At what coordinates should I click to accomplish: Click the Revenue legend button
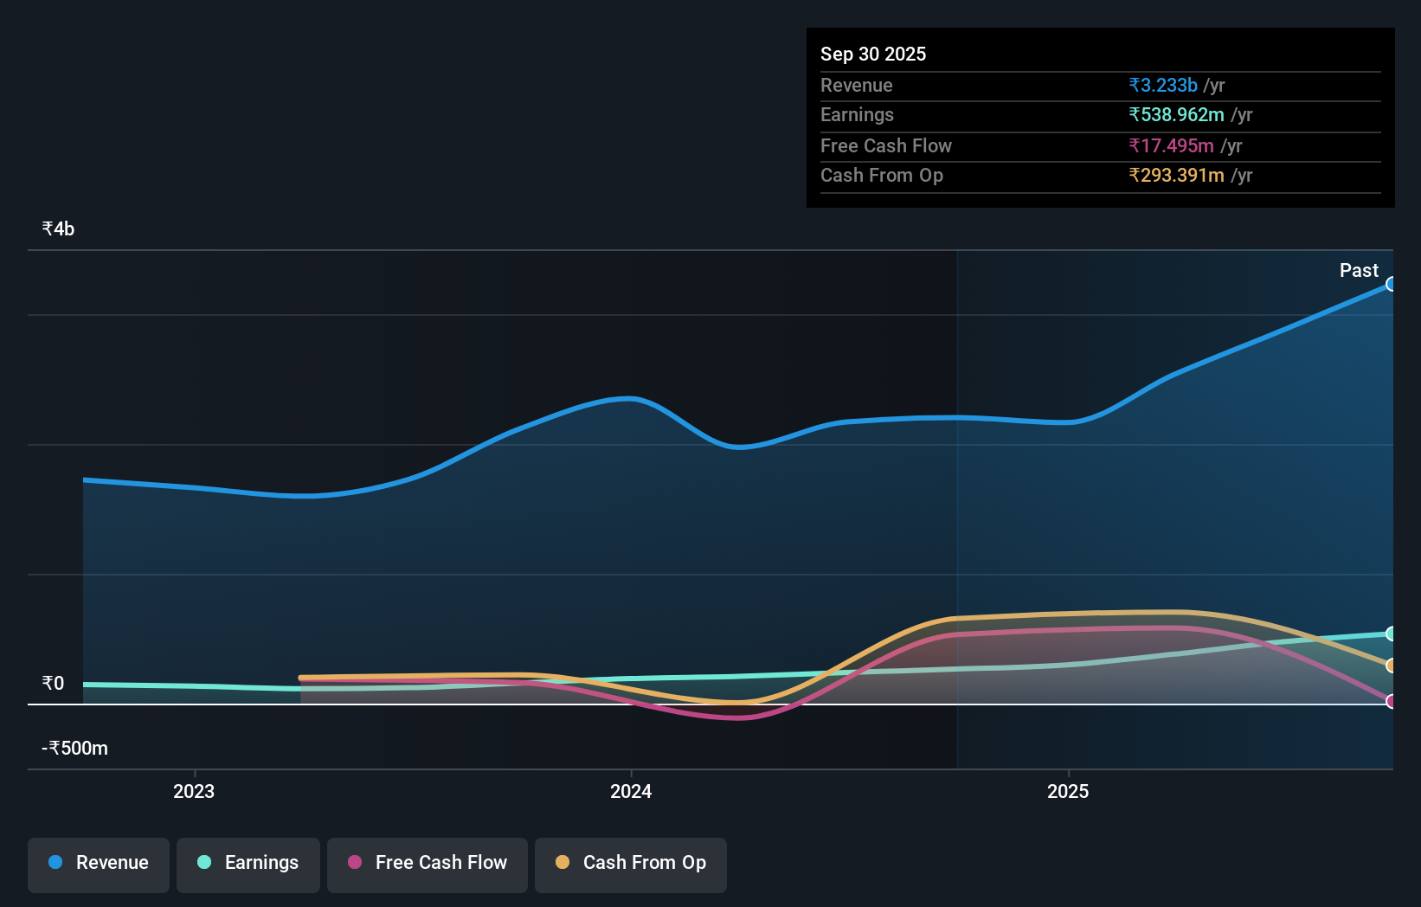click(x=99, y=863)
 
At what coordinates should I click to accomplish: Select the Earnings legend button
click(x=248, y=863)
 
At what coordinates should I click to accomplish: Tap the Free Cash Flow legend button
click(x=428, y=863)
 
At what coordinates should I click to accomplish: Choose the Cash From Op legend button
click(x=631, y=863)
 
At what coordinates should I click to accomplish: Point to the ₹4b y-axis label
click(x=58, y=229)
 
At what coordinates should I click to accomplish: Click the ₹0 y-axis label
click(x=53, y=684)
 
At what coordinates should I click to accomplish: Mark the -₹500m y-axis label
click(x=75, y=749)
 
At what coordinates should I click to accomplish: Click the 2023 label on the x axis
click(x=194, y=792)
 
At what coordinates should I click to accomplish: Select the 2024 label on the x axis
click(x=631, y=792)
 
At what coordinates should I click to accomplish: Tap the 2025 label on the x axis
click(x=1068, y=792)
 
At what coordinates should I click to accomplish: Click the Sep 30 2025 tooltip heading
click(x=872, y=55)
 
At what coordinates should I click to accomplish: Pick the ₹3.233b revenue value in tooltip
click(x=1162, y=86)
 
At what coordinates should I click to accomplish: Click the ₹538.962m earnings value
click(x=1175, y=115)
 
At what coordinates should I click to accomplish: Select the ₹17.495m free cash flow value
click(x=1170, y=146)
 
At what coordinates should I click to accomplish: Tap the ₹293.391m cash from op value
click(x=1175, y=176)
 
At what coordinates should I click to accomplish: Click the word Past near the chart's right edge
click(x=1359, y=271)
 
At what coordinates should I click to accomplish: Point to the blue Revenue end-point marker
click(x=1391, y=284)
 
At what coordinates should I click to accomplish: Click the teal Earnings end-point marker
click(x=1391, y=634)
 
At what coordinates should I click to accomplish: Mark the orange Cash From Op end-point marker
click(x=1391, y=666)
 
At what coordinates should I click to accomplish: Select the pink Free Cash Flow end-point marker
click(x=1391, y=701)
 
